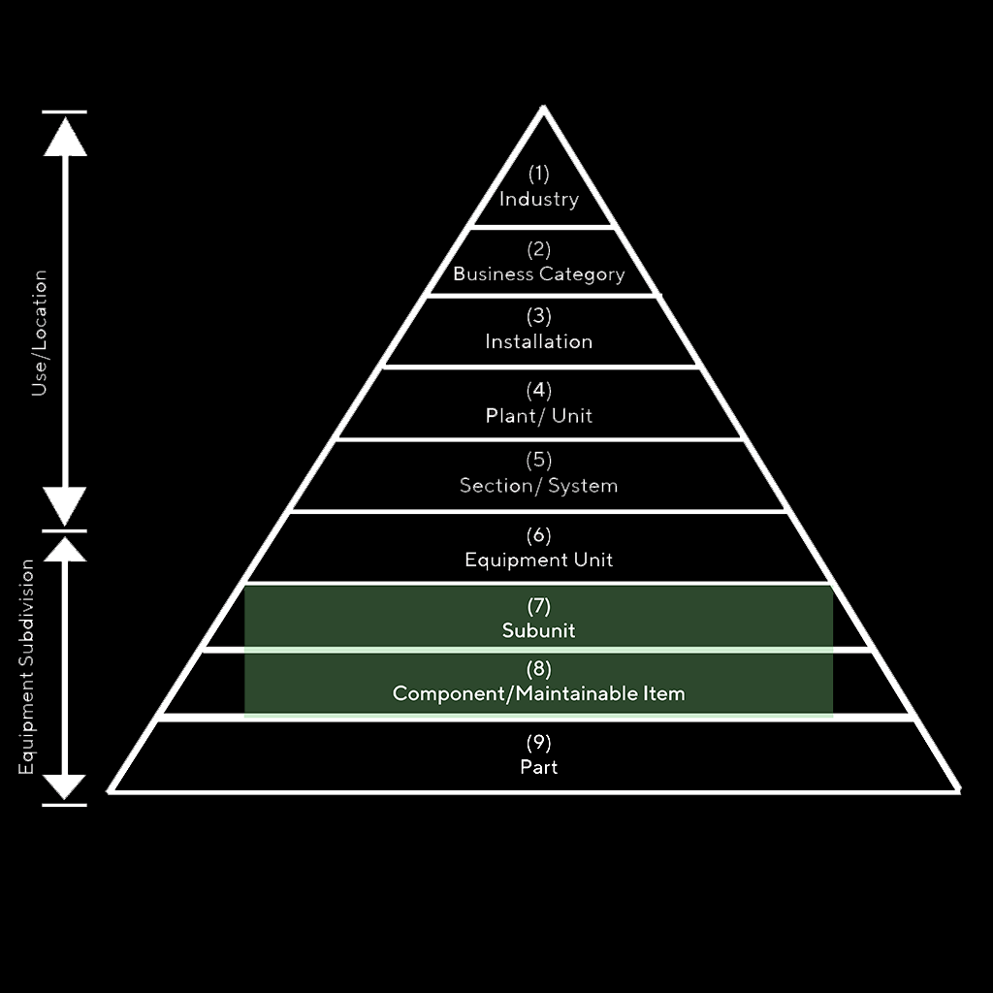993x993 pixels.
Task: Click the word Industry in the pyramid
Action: coord(538,200)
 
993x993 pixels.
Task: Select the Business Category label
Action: coord(538,274)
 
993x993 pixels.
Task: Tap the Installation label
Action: coord(538,341)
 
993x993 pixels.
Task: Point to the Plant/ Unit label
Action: coord(538,416)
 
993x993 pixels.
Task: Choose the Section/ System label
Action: coord(538,486)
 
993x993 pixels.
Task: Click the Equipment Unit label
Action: coord(538,560)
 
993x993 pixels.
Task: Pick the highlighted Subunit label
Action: coord(538,630)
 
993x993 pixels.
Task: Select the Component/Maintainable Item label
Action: coord(538,693)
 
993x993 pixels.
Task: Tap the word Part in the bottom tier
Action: coord(538,767)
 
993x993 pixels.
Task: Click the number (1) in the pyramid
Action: coord(538,175)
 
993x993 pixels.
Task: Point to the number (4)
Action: coord(538,391)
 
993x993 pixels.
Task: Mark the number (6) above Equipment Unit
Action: coord(538,535)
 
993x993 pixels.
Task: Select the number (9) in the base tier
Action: coord(538,744)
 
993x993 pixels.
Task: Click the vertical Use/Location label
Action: coord(40,334)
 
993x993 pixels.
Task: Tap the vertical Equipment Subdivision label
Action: coord(27,667)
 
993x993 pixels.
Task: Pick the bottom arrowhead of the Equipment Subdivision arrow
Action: coord(66,786)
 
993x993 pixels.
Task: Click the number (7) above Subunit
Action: coord(538,607)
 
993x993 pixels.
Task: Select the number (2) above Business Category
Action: coord(538,250)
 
